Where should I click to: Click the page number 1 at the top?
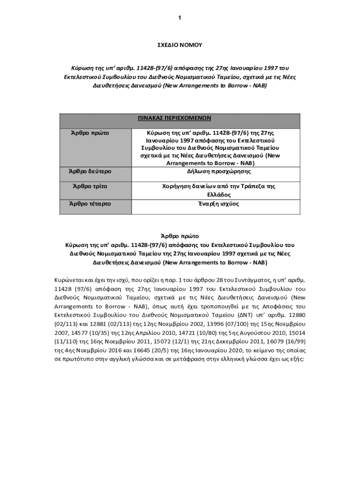coord(180,18)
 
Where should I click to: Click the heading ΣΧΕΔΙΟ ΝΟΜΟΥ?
coord(180,45)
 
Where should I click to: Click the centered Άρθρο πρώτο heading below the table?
coord(180,236)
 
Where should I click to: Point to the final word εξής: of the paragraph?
coord(297,359)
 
